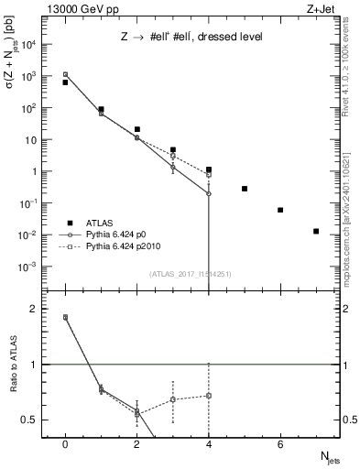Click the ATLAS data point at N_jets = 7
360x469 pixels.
(x=316, y=231)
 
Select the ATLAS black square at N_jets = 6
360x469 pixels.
(x=280, y=210)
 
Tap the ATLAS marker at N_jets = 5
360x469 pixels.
(x=245, y=189)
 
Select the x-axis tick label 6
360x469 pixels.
(x=280, y=444)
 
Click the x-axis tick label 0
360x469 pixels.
(x=65, y=444)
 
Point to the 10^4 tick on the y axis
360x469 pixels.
(x=28, y=44)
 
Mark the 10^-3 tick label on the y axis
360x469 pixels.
(x=28, y=267)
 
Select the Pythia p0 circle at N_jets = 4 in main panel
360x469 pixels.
(x=209, y=193)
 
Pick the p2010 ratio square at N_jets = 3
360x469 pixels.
(x=173, y=399)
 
